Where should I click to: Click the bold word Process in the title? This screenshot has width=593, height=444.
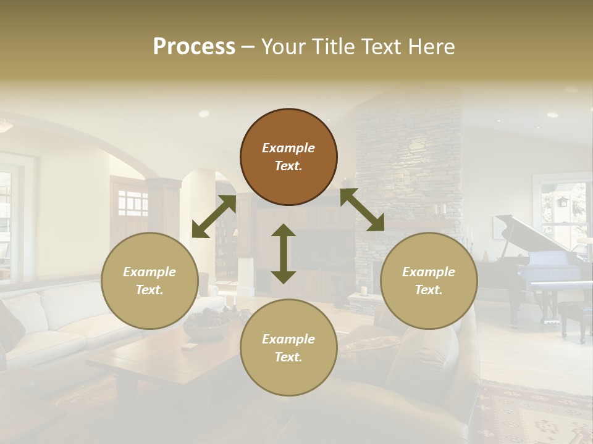[x=194, y=47]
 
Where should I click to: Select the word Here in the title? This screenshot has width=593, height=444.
[x=432, y=47]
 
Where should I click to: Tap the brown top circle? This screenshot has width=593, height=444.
[x=288, y=157]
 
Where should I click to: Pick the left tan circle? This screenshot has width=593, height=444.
[x=149, y=281]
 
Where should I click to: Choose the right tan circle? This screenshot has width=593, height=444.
[x=429, y=281]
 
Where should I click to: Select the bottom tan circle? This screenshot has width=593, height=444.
[x=288, y=348]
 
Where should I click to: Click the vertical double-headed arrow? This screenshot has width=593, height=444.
[x=284, y=253]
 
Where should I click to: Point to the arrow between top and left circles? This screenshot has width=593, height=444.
[x=214, y=216]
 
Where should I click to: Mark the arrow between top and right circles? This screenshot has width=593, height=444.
[x=363, y=210]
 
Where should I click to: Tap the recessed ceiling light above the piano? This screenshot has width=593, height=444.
[x=552, y=115]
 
